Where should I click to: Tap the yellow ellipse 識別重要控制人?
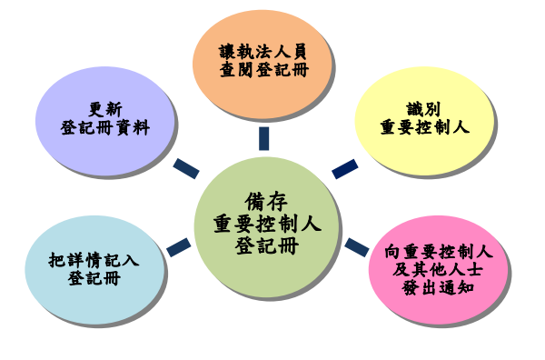click(423, 118)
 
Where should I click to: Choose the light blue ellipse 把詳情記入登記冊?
click(94, 269)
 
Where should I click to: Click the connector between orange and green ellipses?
click(263, 138)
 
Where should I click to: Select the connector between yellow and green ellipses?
click(344, 168)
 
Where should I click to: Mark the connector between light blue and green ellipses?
click(178, 246)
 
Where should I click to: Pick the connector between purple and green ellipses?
click(185, 168)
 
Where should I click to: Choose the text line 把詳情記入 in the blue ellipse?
click(94, 259)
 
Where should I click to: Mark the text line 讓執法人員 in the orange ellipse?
click(263, 52)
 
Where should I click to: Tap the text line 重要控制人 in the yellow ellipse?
click(424, 127)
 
